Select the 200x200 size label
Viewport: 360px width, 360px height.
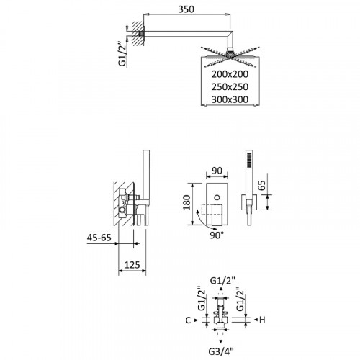coord(221,73)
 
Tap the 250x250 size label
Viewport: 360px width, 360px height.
coord(221,86)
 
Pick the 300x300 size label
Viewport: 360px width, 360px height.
coord(221,99)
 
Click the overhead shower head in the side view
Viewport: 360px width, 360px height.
coord(226,55)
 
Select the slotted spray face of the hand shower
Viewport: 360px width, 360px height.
coord(250,161)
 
